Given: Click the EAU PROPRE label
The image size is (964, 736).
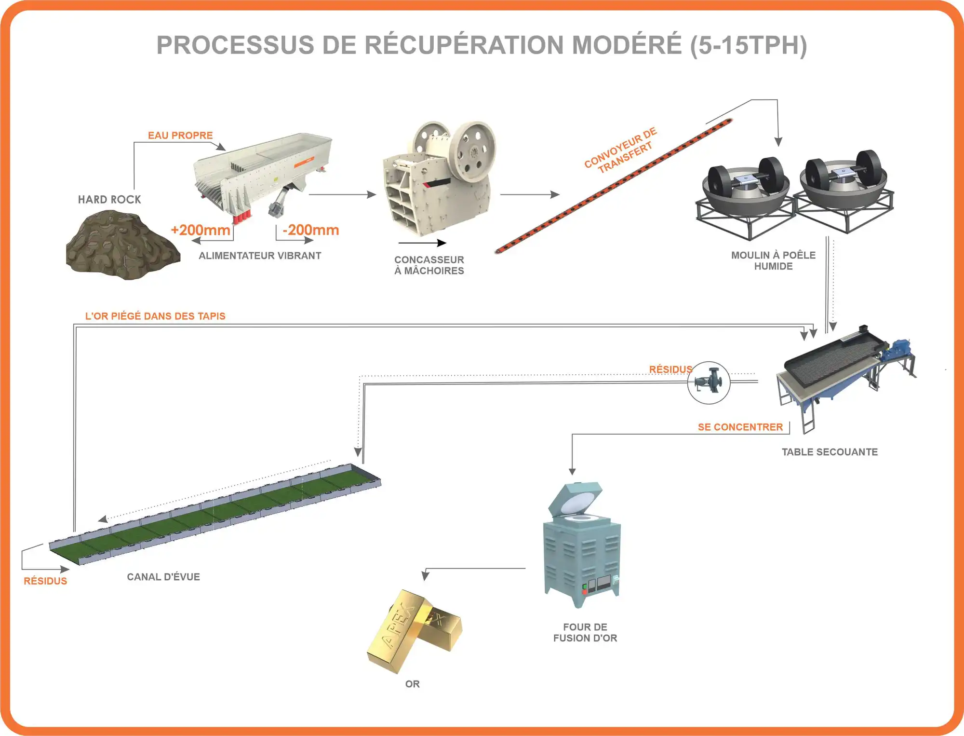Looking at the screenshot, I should click(x=180, y=136).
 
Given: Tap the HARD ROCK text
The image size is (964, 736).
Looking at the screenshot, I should click(x=109, y=200).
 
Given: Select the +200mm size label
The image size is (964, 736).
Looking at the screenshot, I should click(x=201, y=230).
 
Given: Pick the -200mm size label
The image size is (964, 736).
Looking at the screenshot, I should click(x=311, y=230).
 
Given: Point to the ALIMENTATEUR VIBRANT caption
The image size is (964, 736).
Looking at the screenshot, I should click(x=260, y=256).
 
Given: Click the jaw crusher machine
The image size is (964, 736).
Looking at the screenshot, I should click(x=439, y=178).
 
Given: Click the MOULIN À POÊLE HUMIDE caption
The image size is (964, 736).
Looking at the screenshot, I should click(x=773, y=260).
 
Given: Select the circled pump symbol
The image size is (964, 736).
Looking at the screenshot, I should click(x=709, y=383).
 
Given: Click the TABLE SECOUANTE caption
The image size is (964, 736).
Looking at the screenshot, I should click(x=830, y=452).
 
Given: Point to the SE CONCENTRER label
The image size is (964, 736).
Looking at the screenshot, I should click(x=740, y=427).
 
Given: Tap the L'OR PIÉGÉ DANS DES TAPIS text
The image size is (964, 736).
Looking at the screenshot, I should click(x=155, y=316).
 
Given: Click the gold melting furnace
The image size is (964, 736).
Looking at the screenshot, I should click(x=582, y=545).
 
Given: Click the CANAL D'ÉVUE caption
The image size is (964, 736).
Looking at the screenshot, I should click(x=163, y=577).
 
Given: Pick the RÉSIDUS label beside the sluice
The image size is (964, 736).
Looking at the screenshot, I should click(x=45, y=581).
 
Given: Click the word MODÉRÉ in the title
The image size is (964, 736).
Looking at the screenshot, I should click(x=627, y=45).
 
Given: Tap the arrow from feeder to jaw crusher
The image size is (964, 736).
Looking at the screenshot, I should click(x=342, y=194).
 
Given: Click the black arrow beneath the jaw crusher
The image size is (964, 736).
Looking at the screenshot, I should click(x=422, y=243).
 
